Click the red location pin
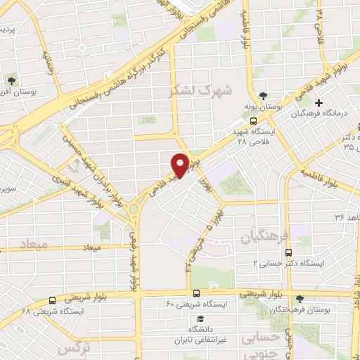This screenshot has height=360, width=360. coord(180,165)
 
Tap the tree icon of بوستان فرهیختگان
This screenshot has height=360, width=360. coord(300,298)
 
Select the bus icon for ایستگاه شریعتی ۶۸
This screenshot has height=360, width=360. coord(53,300)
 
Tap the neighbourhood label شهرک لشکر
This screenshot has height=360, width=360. coord(195,91)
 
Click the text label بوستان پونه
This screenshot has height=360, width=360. coord(263,107)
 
